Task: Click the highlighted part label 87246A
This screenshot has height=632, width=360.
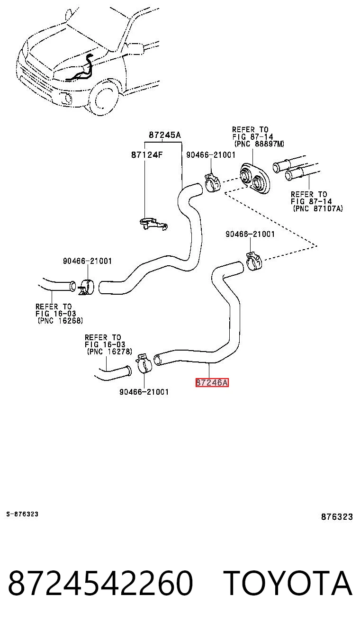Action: (x=212, y=382)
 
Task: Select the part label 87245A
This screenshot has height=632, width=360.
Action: (x=165, y=135)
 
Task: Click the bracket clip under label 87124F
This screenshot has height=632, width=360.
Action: (x=154, y=223)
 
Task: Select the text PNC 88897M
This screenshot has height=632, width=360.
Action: (x=260, y=144)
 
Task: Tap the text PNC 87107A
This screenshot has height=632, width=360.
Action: (x=318, y=208)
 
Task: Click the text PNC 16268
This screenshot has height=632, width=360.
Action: (x=60, y=321)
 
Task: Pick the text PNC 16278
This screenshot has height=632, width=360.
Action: (x=110, y=352)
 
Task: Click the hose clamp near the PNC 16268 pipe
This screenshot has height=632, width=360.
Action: (x=86, y=287)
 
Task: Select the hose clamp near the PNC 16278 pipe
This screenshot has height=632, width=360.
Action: (x=144, y=363)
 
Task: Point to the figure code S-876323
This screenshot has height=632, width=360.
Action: (x=22, y=514)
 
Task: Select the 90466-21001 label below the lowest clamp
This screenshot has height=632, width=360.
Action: (x=144, y=392)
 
